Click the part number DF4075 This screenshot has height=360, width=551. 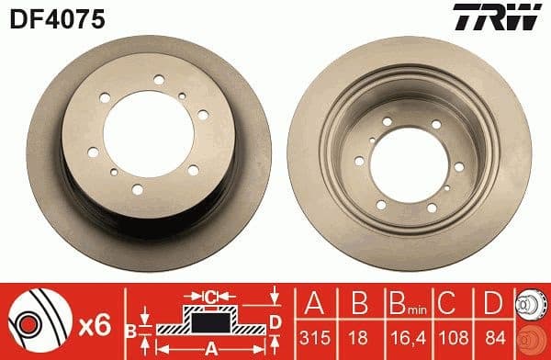pos(43,16)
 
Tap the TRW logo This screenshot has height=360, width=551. pos(505,16)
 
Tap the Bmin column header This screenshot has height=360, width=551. pos(401,303)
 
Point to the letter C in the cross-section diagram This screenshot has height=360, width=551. pos(210,297)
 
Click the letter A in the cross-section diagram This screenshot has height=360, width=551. pos(209,347)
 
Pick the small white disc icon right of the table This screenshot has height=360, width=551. pos(530,304)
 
